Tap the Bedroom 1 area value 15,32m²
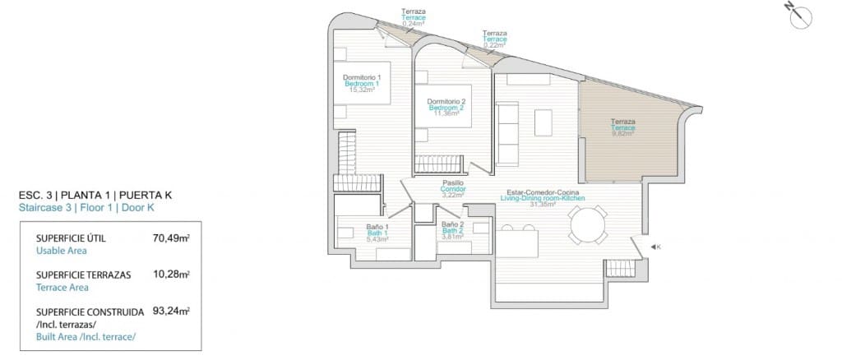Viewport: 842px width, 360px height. coord(362,90)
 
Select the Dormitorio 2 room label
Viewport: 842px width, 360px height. coord(446,101)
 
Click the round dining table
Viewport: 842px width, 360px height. coord(589,224)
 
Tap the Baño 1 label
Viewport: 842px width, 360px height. coord(377,227)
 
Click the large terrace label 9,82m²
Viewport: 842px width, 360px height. coord(622,134)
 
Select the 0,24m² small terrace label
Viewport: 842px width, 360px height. coord(413,25)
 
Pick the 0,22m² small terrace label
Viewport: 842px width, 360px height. coord(494,46)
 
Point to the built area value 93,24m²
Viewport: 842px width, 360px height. coord(171,312)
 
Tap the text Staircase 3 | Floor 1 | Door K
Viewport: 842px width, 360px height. coord(86,209)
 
